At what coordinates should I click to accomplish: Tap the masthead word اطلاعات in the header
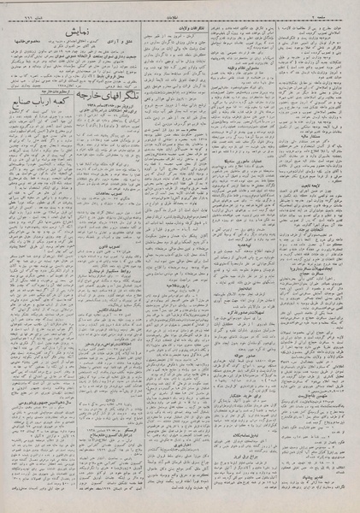180,7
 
